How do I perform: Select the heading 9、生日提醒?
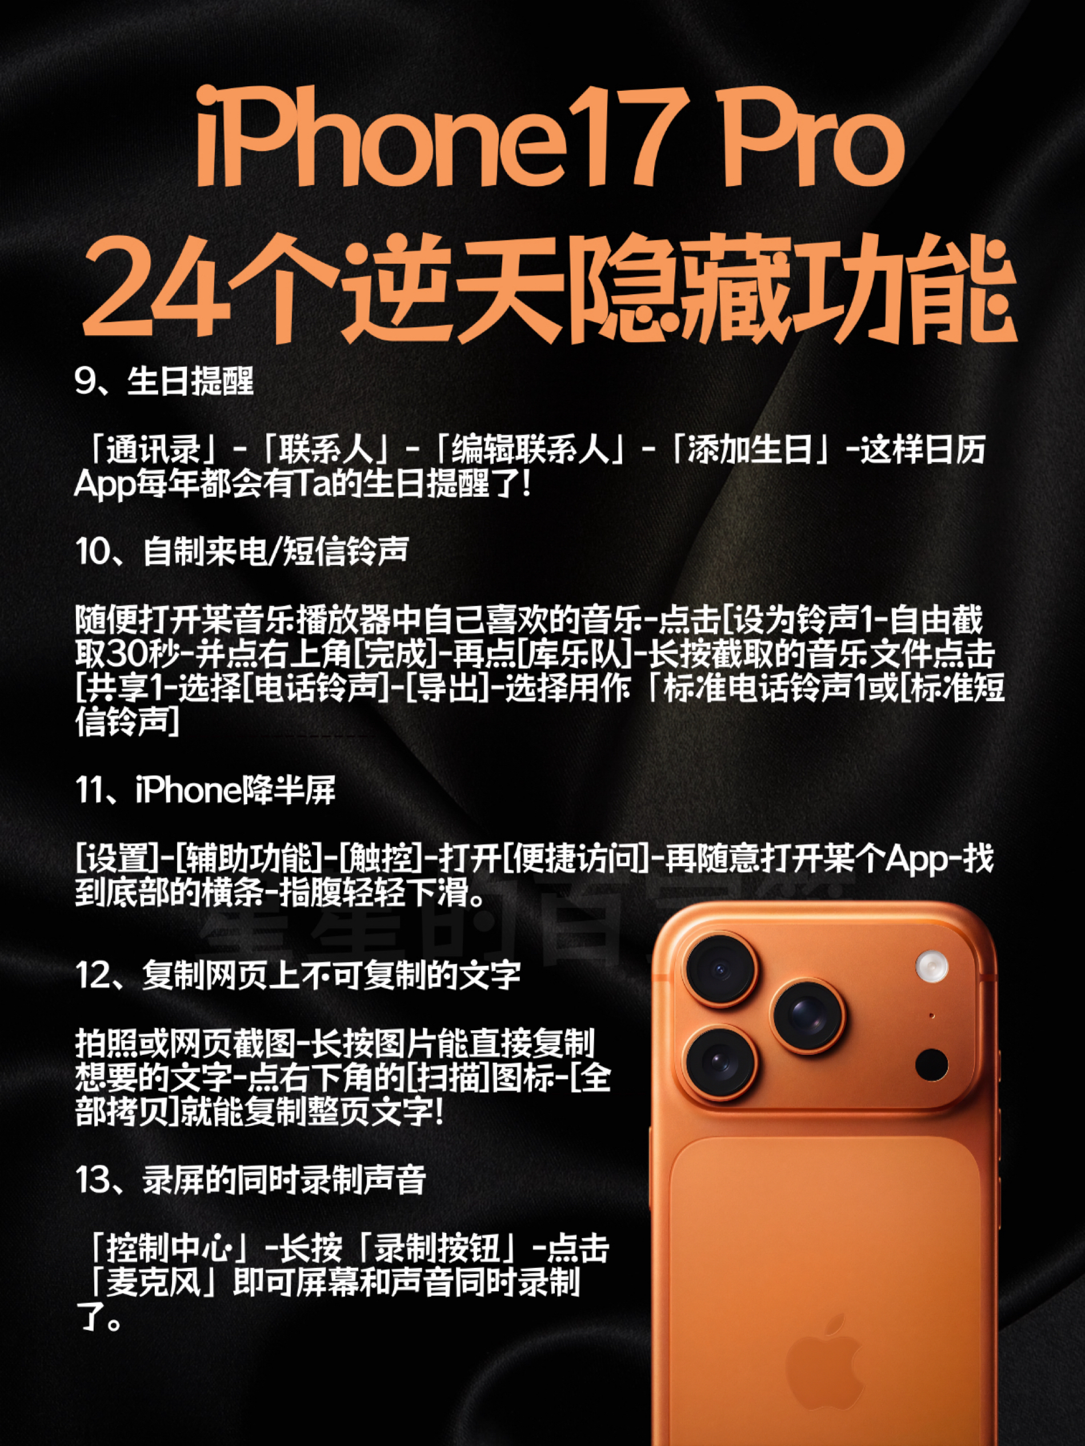pyautogui.click(x=164, y=381)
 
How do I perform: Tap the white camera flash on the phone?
pyautogui.click(x=931, y=966)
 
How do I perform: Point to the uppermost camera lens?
pyautogui.click(x=719, y=969)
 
